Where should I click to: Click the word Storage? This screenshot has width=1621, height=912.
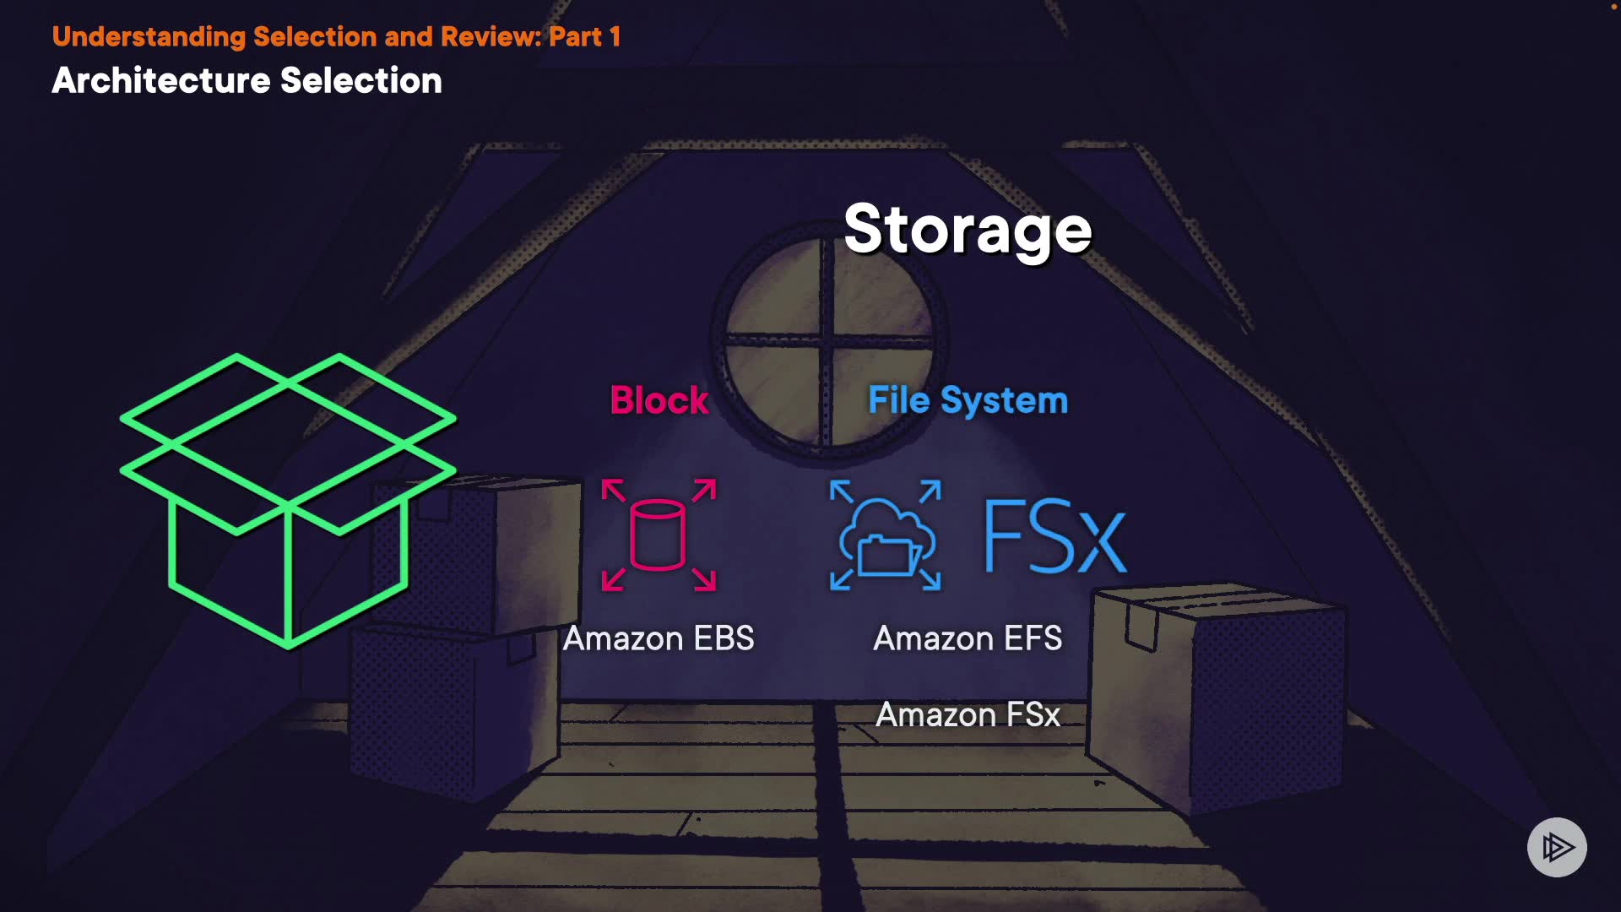[968, 230]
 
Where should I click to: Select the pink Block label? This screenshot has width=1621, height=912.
[659, 400]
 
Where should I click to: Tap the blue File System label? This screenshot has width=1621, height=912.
[968, 400]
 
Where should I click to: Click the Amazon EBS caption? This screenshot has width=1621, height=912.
[659, 638]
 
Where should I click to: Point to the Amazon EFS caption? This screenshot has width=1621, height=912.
[968, 638]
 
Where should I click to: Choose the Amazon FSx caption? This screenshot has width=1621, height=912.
[968, 714]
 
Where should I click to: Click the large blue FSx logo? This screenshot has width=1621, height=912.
[1055, 536]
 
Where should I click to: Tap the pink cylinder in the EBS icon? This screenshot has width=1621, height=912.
[658, 535]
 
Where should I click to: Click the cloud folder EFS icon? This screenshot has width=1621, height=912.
[886, 535]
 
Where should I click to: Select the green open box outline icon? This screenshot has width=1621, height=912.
[288, 501]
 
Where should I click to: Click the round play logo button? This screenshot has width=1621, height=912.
[1557, 847]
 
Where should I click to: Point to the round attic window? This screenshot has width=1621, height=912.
[828, 342]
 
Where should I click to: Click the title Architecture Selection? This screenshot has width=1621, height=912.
[247, 81]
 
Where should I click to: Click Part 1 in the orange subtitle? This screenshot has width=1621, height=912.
[585, 36]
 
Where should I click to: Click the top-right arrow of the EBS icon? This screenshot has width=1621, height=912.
[704, 491]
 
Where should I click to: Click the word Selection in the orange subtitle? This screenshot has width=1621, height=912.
[315, 36]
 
